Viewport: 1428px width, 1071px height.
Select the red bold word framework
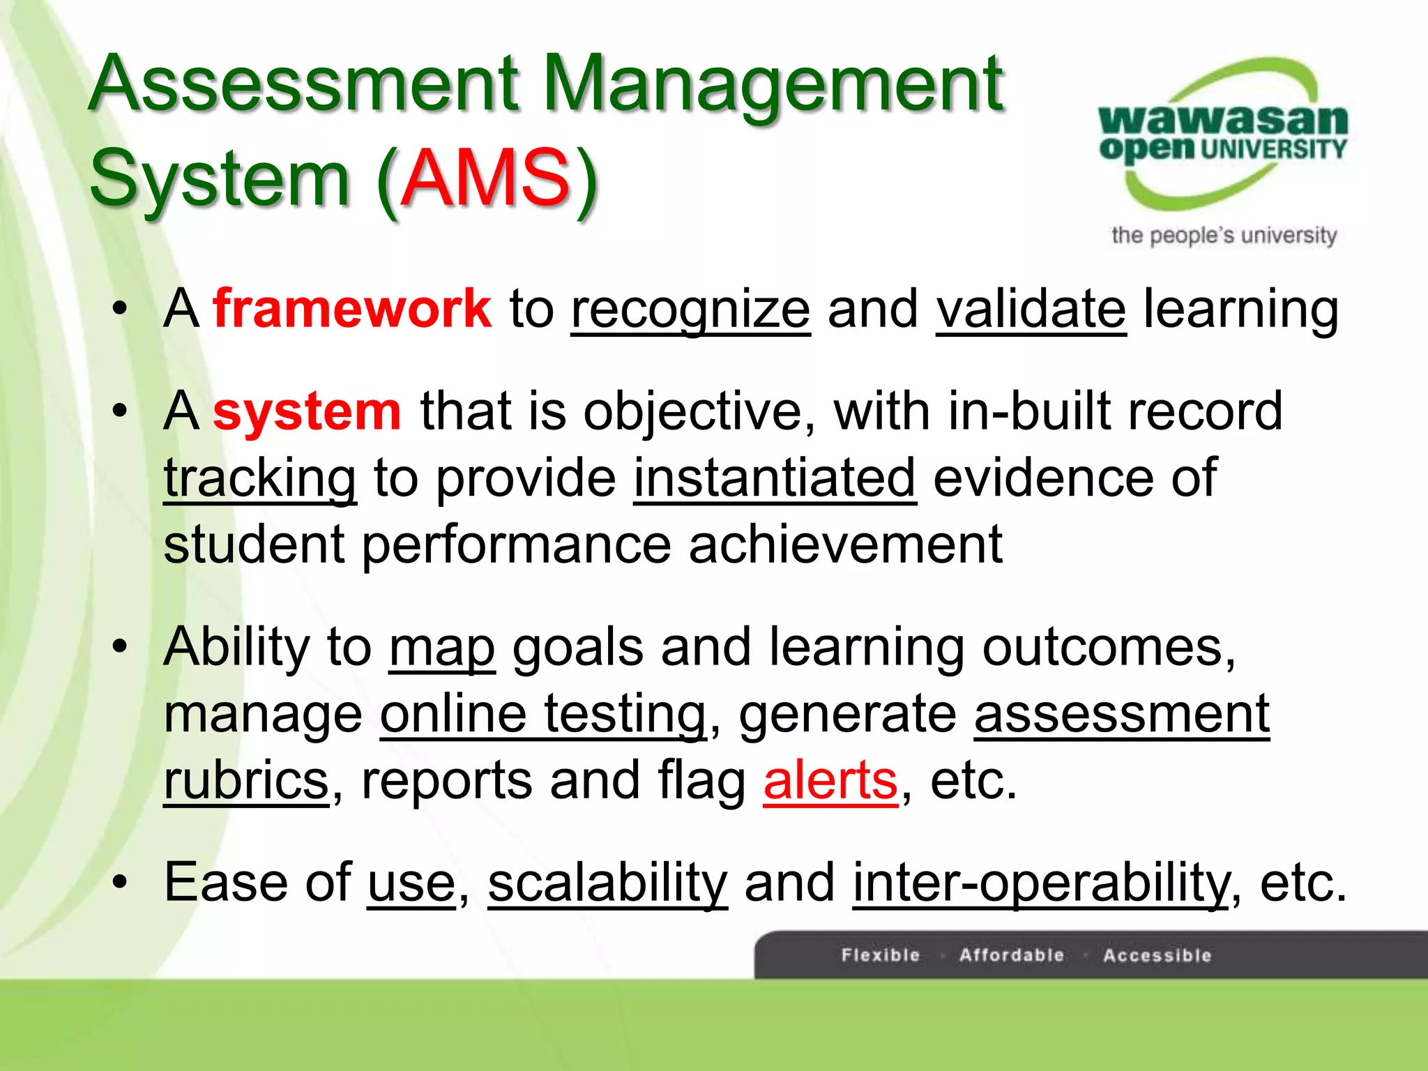click(352, 308)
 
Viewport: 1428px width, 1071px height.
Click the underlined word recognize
click(690, 310)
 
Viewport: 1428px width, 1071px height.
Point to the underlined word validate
click(1031, 310)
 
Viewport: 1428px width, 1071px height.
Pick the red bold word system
click(307, 411)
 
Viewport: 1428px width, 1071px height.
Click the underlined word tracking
click(259, 479)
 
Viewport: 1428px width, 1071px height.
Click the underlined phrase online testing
click(542, 714)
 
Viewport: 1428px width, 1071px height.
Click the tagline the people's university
click(1224, 236)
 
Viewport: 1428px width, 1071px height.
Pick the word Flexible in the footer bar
click(881, 955)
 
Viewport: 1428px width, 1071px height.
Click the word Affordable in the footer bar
click(1011, 955)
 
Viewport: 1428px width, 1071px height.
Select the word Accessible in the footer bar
click(1157, 955)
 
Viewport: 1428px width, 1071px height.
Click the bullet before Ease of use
click(120, 883)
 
